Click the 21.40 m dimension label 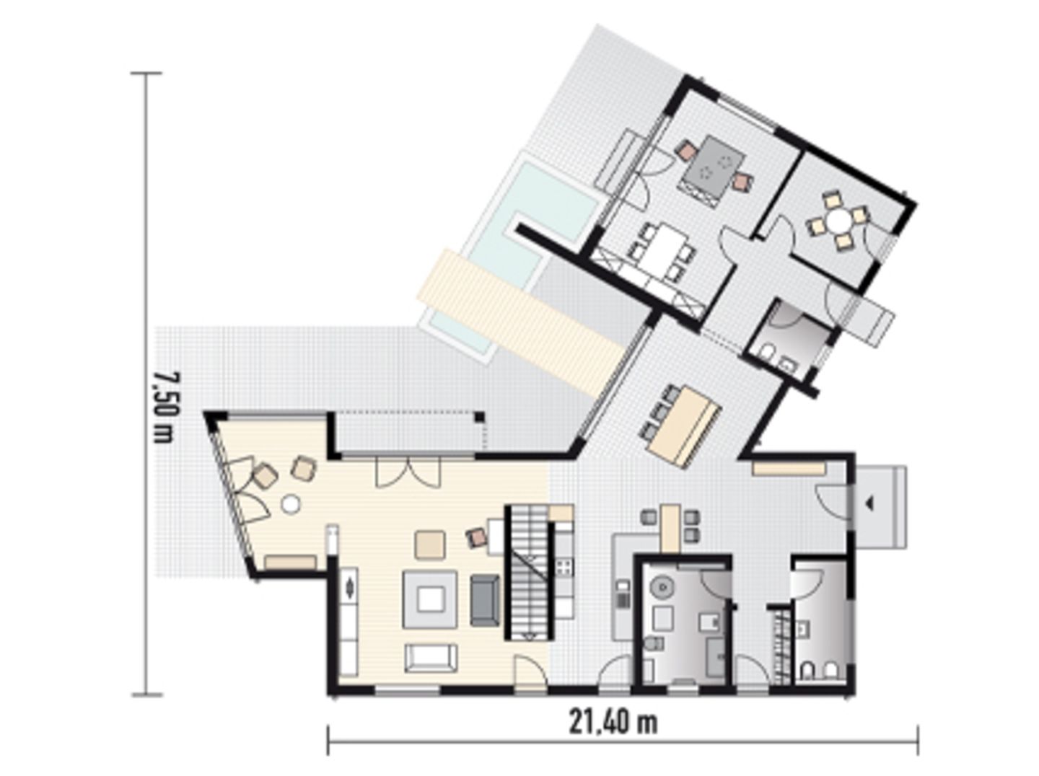click(x=613, y=722)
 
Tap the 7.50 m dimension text click(x=164, y=407)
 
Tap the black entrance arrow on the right click(x=869, y=504)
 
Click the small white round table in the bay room click(x=290, y=504)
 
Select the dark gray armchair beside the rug click(x=485, y=599)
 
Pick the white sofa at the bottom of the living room click(x=431, y=658)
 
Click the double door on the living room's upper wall click(x=408, y=472)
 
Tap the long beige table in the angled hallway click(x=683, y=423)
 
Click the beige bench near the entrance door click(x=789, y=468)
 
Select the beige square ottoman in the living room click(x=430, y=544)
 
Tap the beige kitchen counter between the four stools click(x=670, y=527)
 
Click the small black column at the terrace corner click(x=478, y=416)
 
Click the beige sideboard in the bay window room click(x=290, y=562)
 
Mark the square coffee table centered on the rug click(x=431, y=599)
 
